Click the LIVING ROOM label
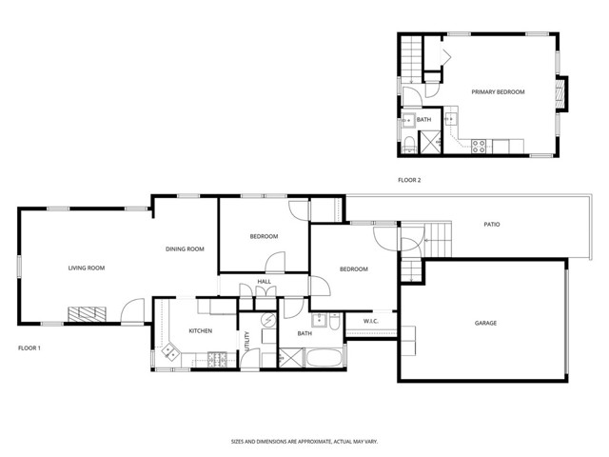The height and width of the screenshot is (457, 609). point(86,268)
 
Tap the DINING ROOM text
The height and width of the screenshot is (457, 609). point(186,249)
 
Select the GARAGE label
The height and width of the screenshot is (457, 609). point(485,323)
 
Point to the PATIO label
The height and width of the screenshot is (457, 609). point(491,225)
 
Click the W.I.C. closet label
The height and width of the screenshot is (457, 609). point(370,321)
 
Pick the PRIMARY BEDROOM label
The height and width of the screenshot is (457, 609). point(498,91)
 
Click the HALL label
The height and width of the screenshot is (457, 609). point(264,282)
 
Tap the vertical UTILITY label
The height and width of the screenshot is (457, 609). point(247,341)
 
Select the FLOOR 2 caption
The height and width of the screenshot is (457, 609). point(409,179)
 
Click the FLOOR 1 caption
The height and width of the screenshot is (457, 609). point(30,348)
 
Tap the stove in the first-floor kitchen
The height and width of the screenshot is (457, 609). point(217,359)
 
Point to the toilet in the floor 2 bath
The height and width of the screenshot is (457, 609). point(407,144)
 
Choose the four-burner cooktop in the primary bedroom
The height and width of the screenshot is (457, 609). point(480,145)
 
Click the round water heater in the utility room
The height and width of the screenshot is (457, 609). point(266,321)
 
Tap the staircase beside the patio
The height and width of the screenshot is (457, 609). point(439,233)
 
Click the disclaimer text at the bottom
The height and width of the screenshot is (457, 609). point(304,442)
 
